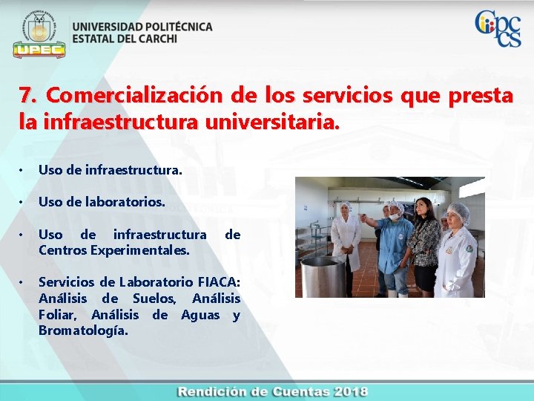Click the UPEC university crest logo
pyautogui.click(x=39, y=33)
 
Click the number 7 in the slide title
pyautogui.click(x=25, y=96)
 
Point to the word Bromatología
pyautogui.click(x=83, y=330)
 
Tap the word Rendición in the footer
pyautogui.click(x=211, y=392)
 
